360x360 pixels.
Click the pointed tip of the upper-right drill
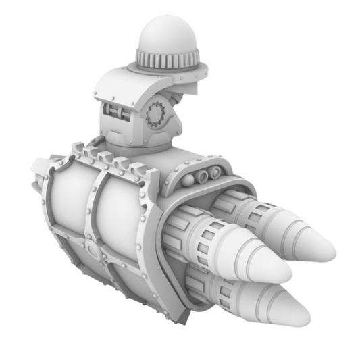[330, 252]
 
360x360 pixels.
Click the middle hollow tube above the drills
[202, 176]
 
